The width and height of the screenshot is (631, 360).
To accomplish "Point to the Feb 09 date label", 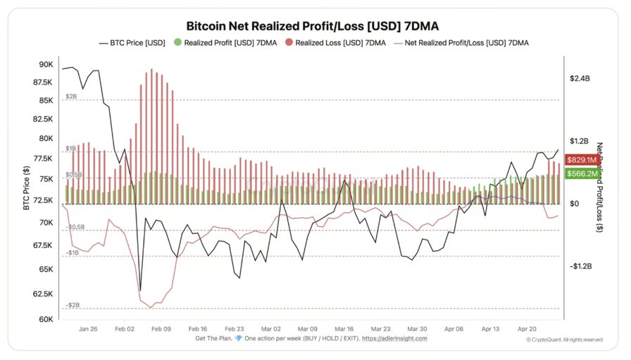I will point(161,328).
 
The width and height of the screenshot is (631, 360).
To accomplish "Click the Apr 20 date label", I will point(528,328).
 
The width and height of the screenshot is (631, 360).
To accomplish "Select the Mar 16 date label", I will point(344,328).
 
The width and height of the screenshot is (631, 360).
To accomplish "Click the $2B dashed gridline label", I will point(71,96).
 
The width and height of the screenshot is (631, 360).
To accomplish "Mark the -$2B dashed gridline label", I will point(73,305).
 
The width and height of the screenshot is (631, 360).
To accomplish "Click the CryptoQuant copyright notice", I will point(563,340).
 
